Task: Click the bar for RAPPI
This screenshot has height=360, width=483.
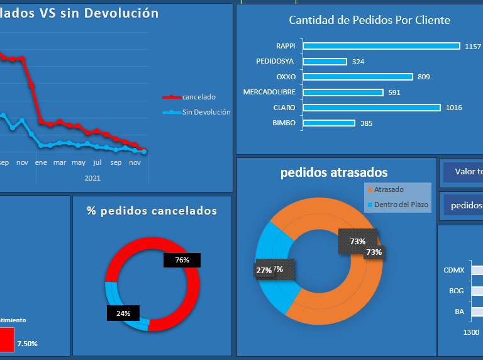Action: click(381, 46)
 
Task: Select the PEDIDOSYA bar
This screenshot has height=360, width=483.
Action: click(325, 62)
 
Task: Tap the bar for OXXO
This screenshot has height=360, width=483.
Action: click(358, 77)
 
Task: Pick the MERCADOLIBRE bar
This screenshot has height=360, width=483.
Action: click(343, 93)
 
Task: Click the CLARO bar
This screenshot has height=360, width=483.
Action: click(372, 108)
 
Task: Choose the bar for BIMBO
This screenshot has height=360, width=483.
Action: click(329, 123)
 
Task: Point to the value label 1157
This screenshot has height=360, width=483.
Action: click(473, 47)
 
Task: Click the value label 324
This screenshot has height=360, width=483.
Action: click(358, 62)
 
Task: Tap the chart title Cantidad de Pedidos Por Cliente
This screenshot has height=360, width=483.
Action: click(369, 20)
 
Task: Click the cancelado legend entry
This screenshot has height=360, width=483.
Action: click(199, 97)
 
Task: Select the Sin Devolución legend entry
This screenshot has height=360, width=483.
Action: click(206, 112)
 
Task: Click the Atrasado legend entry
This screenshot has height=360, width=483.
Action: click(389, 189)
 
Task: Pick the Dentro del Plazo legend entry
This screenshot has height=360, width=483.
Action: click(401, 205)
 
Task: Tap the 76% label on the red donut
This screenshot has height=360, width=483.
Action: click(182, 260)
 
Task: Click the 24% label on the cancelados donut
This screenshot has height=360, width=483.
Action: click(123, 313)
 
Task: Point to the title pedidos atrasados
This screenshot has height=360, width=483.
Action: click(334, 172)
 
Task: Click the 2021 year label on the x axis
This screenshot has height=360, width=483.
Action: click(92, 178)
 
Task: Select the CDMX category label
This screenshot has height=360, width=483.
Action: click(453, 270)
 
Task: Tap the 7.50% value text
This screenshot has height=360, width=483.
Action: click(27, 344)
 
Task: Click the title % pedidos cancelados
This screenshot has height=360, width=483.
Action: click(152, 211)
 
